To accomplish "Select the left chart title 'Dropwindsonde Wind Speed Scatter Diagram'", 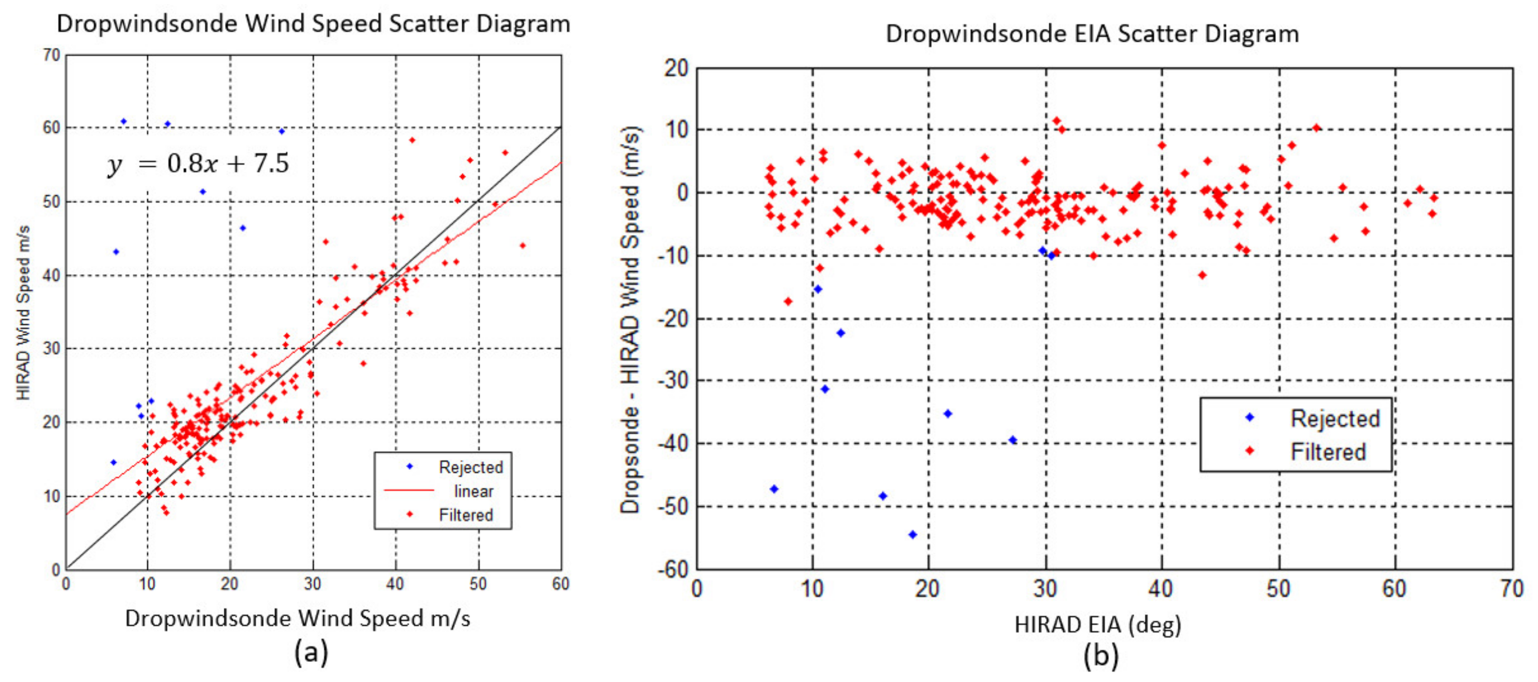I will click(x=313, y=24).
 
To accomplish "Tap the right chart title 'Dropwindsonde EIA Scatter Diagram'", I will click(x=1091, y=33).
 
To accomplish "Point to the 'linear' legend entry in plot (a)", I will click(x=473, y=491).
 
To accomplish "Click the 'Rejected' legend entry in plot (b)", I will click(x=1334, y=418).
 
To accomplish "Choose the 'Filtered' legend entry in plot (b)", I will click(x=1328, y=452).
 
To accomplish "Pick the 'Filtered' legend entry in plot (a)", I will click(x=466, y=515).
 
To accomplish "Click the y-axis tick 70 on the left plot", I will click(x=51, y=55).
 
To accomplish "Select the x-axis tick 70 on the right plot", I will click(x=1511, y=589).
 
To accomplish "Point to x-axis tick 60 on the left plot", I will click(x=560, y=584).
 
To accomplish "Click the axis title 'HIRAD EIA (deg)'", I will click(x=1098, y=625).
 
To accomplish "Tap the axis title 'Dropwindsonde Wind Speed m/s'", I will click(x=297, y=618).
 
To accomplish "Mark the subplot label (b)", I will click(x=1100, y=655).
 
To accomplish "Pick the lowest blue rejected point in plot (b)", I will click(x=912, y=535).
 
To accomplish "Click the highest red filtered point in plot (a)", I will click(x=411, y=140).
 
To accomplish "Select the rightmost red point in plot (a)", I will click(x=522, y=245).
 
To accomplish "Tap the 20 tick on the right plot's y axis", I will click(x=676, y=68).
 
